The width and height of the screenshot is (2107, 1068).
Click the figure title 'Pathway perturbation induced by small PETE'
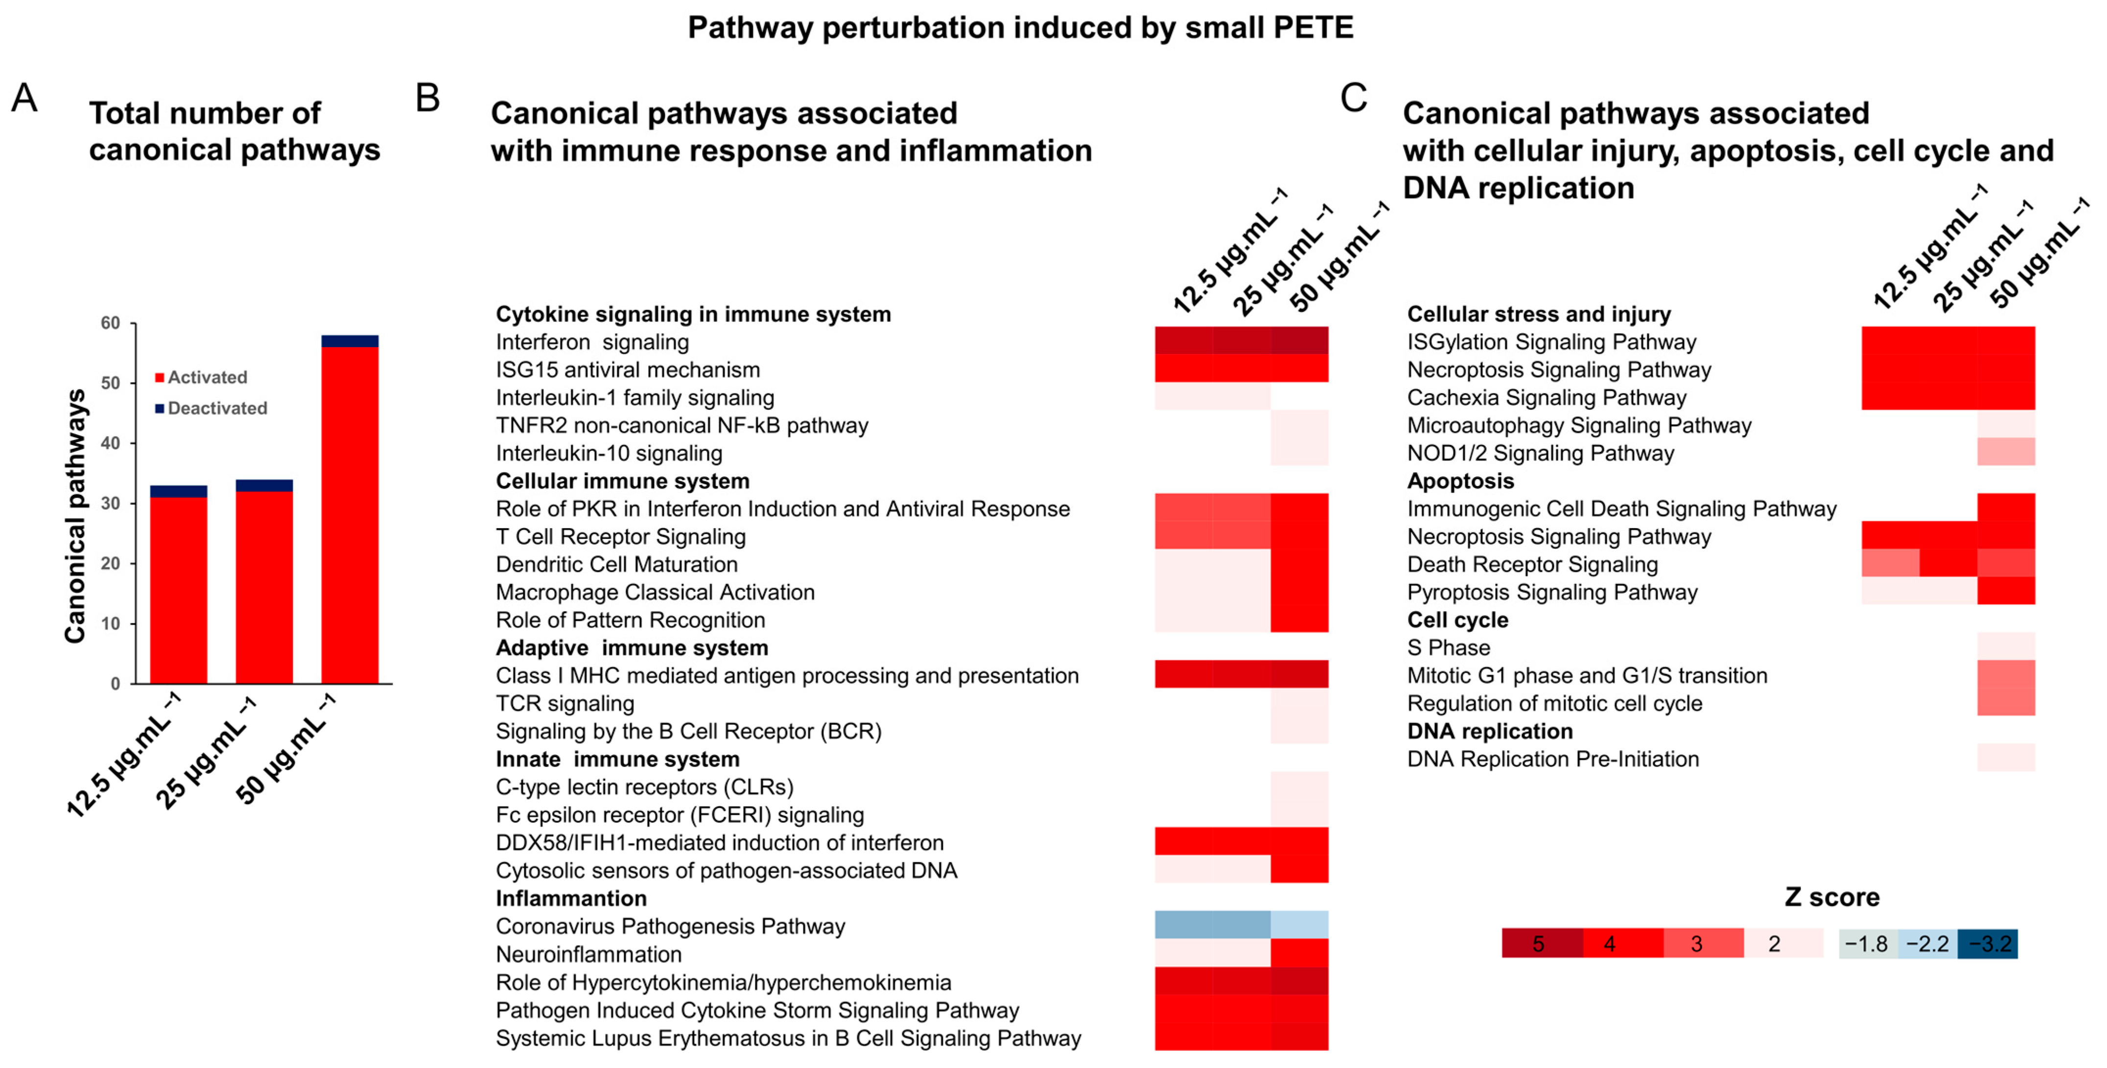[1020, 28]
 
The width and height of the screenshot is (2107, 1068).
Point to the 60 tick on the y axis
[111, 323]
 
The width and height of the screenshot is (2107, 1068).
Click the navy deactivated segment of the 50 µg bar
[350, 341]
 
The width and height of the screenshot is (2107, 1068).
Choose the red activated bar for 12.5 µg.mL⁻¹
[178, 589]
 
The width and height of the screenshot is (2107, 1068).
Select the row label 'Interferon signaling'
[592, 342]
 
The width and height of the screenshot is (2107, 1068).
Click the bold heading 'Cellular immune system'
[622, 481]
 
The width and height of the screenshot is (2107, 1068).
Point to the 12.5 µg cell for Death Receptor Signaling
[1890, 563]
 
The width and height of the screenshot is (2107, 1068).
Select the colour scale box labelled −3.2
[1988, 944]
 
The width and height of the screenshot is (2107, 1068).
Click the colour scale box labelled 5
[1541, 944]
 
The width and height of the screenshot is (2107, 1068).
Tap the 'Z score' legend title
[1831, 897]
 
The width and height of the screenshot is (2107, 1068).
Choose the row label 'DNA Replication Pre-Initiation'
[1552, 759]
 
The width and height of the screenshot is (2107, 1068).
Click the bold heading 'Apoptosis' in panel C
[1460, 481]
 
